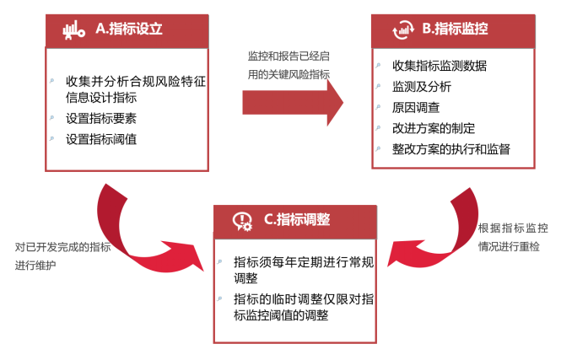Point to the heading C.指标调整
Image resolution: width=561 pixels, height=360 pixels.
(296, 219)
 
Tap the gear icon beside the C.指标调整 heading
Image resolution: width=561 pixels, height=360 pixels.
(243, 221)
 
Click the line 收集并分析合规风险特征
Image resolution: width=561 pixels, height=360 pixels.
(136, 82)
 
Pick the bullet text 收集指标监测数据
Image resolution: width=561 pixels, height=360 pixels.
(439, 66)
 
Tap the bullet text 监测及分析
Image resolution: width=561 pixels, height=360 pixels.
(422, 87)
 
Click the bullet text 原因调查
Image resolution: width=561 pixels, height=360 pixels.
(415, 108)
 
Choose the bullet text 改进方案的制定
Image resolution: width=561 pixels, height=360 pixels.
(433, 128)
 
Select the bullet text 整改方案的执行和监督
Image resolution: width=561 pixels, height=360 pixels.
(450, 149)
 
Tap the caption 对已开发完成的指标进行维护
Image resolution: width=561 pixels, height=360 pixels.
(62, 256)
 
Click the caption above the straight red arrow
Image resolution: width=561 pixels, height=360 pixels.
(289, 64)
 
